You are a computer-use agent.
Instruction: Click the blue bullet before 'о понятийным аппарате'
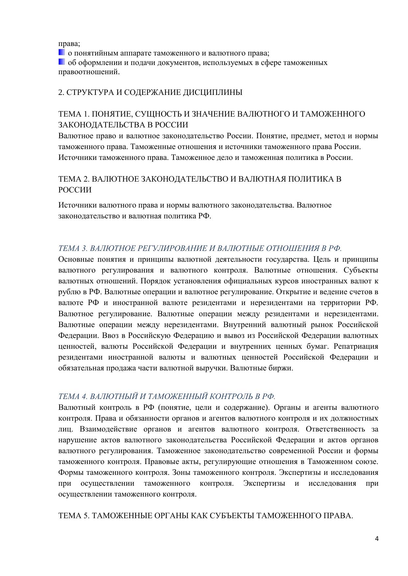[x=61, y=53]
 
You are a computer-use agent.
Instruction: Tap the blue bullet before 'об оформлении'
[x=61, y=62]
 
